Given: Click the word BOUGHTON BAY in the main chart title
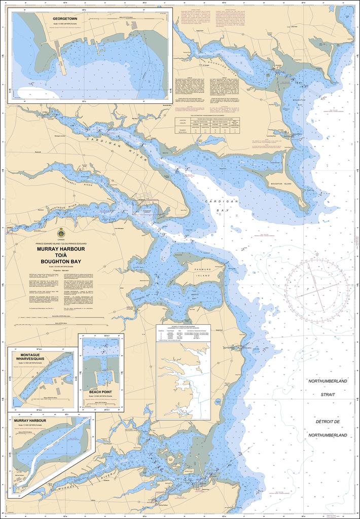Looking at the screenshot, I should click(x=61, y=261).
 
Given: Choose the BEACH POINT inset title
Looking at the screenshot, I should click(x=100, y=392).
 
